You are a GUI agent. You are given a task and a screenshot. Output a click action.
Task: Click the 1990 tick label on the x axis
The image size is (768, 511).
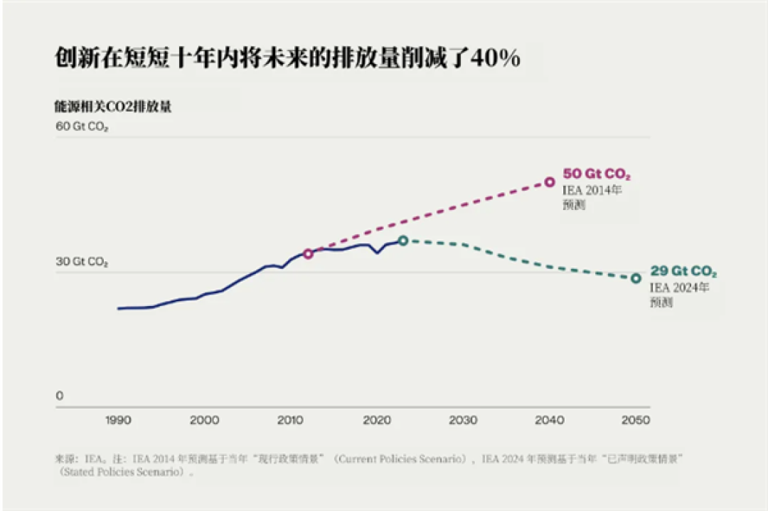click(x=118, y=421)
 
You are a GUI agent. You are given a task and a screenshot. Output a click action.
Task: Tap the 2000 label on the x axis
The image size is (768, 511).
click(x=204, y=421)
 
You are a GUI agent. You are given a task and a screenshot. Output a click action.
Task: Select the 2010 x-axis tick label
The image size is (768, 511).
click(x=290, y=421)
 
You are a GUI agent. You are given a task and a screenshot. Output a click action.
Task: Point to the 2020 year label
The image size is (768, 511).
click(x=377, y=421)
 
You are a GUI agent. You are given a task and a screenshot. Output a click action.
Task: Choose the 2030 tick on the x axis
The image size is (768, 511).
click(x=463, y=421)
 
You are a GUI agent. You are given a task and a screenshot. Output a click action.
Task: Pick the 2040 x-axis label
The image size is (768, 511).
click(x=550, y=421)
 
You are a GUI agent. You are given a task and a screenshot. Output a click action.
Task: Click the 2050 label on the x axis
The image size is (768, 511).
click(x=636, y=421)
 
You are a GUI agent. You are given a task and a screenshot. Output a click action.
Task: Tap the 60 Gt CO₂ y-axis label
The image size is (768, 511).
click(x=82, y=127)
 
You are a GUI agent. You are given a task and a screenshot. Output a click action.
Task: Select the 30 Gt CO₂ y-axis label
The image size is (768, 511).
click(x=82, y=262)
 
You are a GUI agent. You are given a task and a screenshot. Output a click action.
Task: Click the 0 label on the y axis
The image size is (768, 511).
click(x=59, y=395)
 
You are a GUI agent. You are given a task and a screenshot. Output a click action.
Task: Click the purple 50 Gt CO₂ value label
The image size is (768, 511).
click(x=597, y=174)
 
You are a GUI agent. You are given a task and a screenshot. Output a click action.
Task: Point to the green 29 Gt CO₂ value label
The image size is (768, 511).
click(x=683, y=271)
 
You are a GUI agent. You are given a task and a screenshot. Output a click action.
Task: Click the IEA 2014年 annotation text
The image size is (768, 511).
click(x=592, y=190)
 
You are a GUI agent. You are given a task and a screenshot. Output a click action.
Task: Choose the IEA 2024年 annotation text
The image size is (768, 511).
click(x=679, y=288)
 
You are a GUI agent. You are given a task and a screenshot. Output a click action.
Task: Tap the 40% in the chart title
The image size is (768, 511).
click(x=496, y=58)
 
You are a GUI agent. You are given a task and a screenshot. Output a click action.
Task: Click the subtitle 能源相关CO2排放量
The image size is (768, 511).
click(x=112, y=107)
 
